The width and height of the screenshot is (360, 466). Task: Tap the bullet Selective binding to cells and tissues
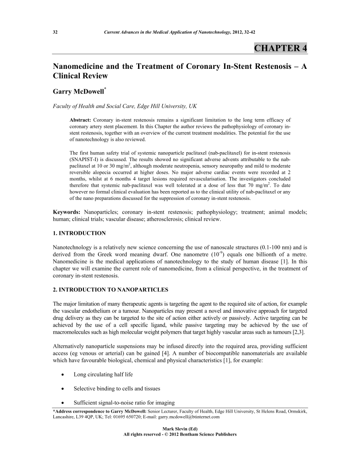pos(116,389)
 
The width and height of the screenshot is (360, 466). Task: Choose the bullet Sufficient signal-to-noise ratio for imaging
pos(124,402)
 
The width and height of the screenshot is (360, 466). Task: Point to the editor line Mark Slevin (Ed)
pos(180,429)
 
